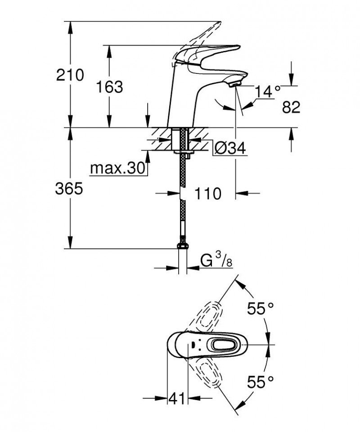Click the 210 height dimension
tap(70, 75)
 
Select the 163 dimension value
tap(109, 86)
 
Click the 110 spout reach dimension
tap(207, 194)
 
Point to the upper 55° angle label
tap(261, 309)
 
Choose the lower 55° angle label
tap(261, 382)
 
